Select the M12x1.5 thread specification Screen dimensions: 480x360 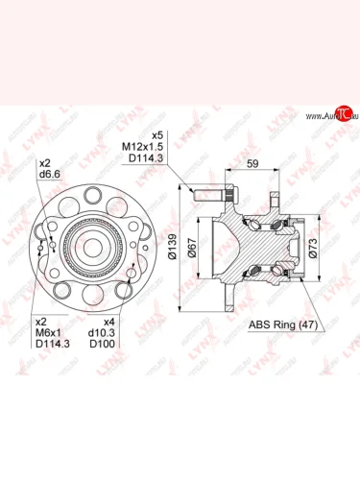tap(142, 146)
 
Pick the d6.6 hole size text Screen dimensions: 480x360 tap(52, 173)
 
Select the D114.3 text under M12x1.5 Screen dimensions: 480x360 tap(143, 157)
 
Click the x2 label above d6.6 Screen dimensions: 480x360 tap(44, 161)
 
